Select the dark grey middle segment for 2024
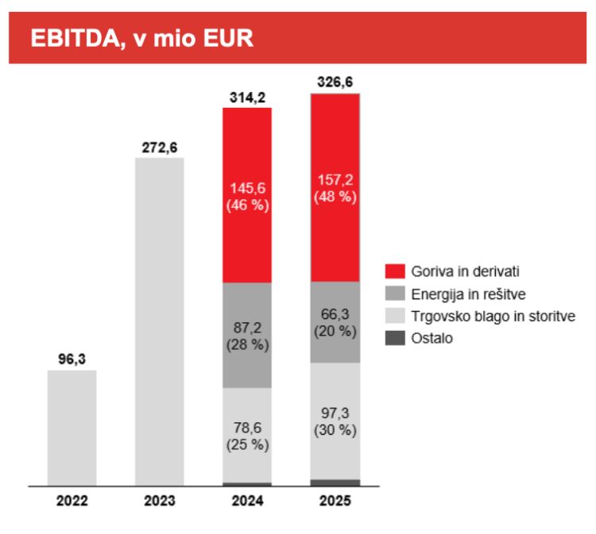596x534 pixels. click(x=247, y=335)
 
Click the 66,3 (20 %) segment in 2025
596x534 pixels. click(x=335, y=321)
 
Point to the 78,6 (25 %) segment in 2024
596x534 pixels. click(x=247, y=435)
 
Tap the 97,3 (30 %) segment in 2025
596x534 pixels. click(x=335, y=421)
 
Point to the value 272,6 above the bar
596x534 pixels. click(x=159, y=147)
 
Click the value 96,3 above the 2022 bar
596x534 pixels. click(x=72, y=359)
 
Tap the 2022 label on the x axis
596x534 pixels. click(x=72, y=501)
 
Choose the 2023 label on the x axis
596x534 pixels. click(x=159, y=501)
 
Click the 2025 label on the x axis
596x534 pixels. click(x=335, y=501)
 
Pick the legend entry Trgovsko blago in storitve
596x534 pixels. click(x=480, y=316)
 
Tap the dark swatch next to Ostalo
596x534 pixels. click(x=395, y=339)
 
